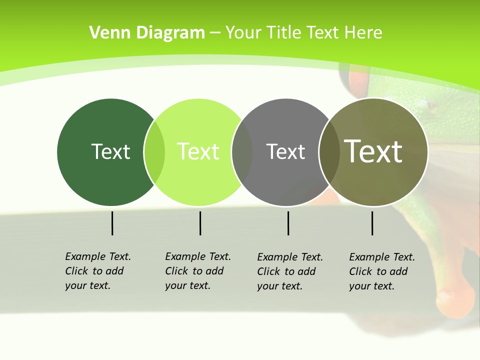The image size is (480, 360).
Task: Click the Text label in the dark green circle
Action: point(110,151)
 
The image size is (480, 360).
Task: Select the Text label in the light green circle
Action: point(198,151)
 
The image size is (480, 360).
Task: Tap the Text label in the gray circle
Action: point(285,151)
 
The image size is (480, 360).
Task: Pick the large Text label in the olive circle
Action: point(373,151)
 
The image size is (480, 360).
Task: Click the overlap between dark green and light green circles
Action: point(154,152)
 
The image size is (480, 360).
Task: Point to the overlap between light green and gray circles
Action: point(242,152)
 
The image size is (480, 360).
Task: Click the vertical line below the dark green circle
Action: point(112,223)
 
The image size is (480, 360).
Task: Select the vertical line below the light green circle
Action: point(200,223)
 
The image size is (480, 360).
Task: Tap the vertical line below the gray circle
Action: point(288,223)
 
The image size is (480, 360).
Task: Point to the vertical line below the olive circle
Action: point(372,223)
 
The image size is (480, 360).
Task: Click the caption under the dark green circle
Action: point(97,271)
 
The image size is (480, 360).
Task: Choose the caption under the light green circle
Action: point(197,271)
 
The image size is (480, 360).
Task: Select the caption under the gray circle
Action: point(289,271)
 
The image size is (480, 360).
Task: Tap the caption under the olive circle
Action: point(381,271)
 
